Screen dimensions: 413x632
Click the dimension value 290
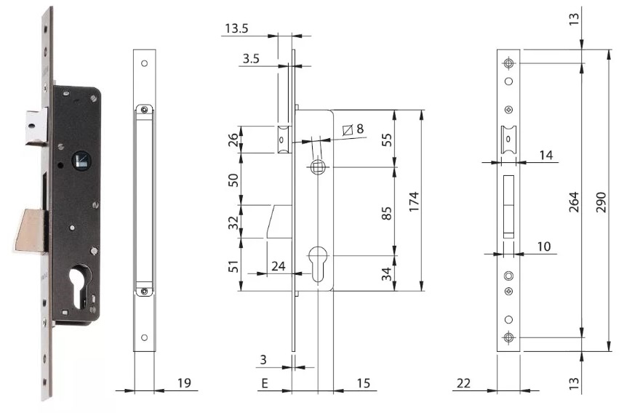click(x=600, y=200)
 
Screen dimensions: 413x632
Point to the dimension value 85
click(x=387, y=212)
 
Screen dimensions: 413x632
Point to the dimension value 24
click(x=277, y=266)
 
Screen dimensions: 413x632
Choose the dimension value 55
click(x=387, y=139)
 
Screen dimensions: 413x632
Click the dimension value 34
click(x=387, y=273)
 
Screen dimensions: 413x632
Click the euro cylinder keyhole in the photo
click(x=76, y=287)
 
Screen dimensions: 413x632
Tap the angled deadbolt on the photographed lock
click(x=31, y=229)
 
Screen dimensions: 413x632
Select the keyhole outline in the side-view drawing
click(x=319, y=264)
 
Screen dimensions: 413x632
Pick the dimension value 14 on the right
click(x=546, y=155)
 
